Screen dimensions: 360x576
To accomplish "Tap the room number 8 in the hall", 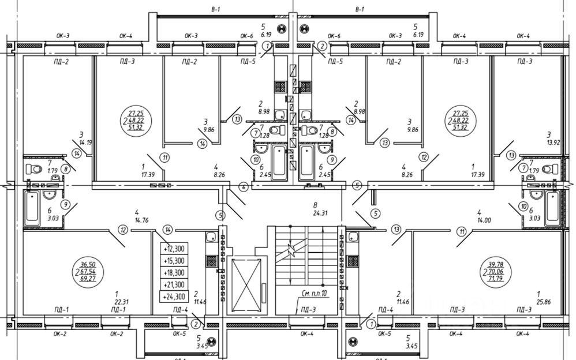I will tap(315, 204).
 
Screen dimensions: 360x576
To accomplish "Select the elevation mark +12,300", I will tap(174, 249).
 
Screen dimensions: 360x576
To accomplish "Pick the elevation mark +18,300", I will tap(174, 272).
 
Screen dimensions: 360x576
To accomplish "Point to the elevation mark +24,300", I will tap(174, 297).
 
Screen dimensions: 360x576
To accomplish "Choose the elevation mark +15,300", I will tap(174, 261).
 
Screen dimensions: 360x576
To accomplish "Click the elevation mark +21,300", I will tap(174, 284).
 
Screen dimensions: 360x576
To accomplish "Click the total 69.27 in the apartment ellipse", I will tap(88, 279).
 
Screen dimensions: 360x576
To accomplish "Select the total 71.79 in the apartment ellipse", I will tap(494, 279).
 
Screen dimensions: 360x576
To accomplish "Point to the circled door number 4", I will tap(244, 187).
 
